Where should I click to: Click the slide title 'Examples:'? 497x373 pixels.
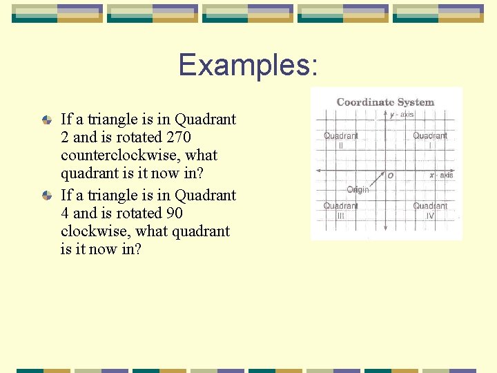click(248, 65)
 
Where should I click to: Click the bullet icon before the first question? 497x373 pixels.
click(46, 119)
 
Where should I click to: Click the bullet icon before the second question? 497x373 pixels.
click(46, 195)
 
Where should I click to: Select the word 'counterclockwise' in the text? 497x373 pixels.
click(139, 155)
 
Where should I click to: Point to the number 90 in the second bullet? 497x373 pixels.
click(173, 213)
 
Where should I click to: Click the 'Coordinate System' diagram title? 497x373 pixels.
click(385, 102)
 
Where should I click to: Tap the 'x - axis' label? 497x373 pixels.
click(441, 175)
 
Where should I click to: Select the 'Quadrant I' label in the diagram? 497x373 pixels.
click(430, 140)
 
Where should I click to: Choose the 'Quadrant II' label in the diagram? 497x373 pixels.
click(341, 140)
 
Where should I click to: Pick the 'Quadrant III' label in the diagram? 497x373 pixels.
click(341, 211)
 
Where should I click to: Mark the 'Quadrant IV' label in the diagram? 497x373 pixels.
click(430, 211)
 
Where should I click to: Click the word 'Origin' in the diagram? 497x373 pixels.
click(358, 190)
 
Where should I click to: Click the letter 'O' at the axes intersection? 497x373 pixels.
click(391, 176)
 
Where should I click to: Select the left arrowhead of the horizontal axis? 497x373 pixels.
click(319, 169)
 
